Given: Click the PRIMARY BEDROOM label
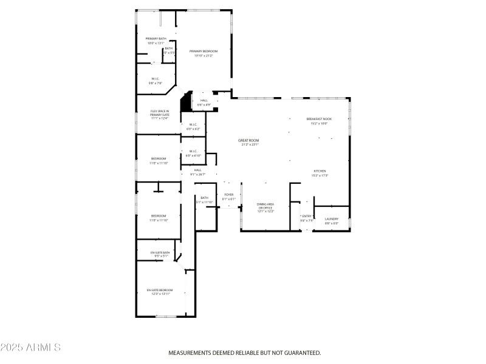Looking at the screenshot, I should pyautogui.click(x=203, y=51).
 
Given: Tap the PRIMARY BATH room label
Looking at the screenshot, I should pyautogui.click(x=156, y=39).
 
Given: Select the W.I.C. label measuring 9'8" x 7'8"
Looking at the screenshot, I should pyautogui.click(x=156, y=79).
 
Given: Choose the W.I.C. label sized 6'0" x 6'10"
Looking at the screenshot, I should pyautogui.click(x=193, y=151).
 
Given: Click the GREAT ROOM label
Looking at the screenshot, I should pyautogui.click(x=250, y=140).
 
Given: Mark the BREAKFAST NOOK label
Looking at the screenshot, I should pyautogui.click(x=319, y=119).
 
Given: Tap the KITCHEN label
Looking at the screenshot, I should pyautogui.click(x=320, y=171).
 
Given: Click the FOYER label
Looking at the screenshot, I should pyautogui.click(x=228, y=195).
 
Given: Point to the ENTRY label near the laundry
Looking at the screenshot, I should pyautogui.click(x=307, y=216).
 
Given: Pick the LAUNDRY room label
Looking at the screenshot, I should pyautogui.click(x=331, y=219).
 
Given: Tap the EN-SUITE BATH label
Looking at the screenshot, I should pyautogui.click(x=161, y=252).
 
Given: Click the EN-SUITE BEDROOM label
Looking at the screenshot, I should pyautogui.click(x=160, y=290).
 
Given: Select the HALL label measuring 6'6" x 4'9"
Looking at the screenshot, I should pyautogui.click(x=204, y=101).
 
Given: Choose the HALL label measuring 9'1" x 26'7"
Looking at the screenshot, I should pyautogui.click(x=197, y=170).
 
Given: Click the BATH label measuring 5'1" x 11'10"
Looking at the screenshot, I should pyautogui.click(x=205, y=198).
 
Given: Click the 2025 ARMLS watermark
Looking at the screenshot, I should pyautogui.click(x=30, y=348).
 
